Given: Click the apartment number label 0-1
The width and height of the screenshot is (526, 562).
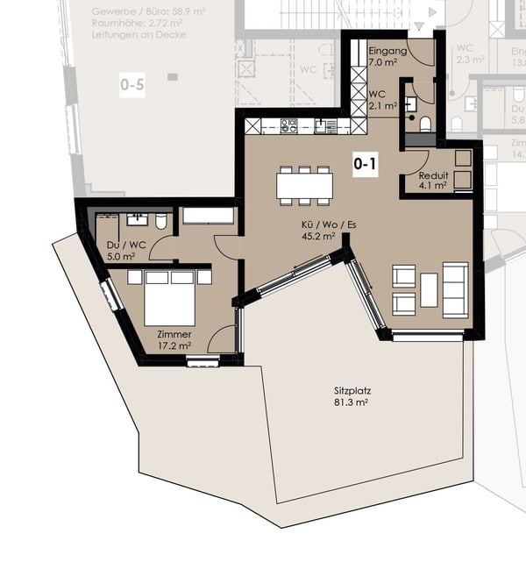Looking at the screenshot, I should (x=365, y=163).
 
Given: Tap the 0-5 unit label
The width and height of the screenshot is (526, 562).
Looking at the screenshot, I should (x=131, y=85).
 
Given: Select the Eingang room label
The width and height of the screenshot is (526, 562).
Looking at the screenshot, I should (x=387, y=52).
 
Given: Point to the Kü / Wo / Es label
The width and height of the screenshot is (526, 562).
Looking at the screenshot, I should (x=317, y=224).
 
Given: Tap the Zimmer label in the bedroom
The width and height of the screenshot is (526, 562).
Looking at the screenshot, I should (x=174, y=334).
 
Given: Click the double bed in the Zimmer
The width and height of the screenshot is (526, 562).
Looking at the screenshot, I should (x=170, y=298).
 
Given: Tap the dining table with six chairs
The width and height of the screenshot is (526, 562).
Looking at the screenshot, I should (x=304, y=185).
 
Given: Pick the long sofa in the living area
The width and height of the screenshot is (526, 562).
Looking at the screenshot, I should (x=455, y=289).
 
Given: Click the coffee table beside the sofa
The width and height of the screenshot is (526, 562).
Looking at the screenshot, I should (x=429, y=290).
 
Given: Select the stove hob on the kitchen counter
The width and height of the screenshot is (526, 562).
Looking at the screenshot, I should (x=288, y=126).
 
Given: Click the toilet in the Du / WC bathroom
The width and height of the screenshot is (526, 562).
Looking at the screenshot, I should (x=162, y=222).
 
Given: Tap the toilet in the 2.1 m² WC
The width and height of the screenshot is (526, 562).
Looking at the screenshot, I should (x=425, y=124).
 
